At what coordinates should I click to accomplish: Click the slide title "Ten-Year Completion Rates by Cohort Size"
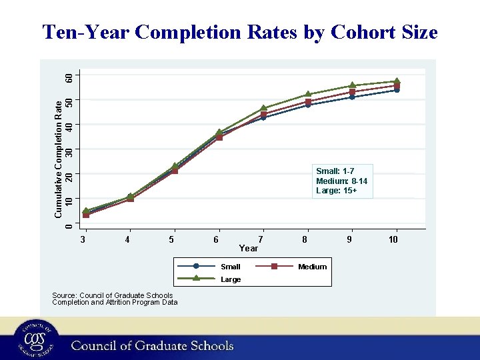pos(239,32)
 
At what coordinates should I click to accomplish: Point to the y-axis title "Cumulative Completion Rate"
pos(59,158)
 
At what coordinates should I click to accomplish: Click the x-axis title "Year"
pos(248,248)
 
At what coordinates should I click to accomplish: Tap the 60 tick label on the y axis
pos(68,77)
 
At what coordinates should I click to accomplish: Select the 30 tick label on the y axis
pos(68,149)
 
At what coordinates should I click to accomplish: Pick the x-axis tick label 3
pos(83,239)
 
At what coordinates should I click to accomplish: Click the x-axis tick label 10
pos(393,239)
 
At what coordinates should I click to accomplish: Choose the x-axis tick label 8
pos(305,239)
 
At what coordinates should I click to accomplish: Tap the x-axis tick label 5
pos(172,239)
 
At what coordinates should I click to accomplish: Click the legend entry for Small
pos(230,267)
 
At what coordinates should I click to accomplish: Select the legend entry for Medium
pos(312,267)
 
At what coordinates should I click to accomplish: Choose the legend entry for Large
pos(230,279)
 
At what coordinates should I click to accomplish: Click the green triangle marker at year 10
pos(396,81)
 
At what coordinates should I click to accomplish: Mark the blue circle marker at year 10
pos(396,89)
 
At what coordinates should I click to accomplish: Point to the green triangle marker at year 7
pos(263,108)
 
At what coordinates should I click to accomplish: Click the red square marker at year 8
pos(308,101)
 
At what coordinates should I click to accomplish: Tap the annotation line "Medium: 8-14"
pos(341,181)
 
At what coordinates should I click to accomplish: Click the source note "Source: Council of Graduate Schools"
pos(112,295)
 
